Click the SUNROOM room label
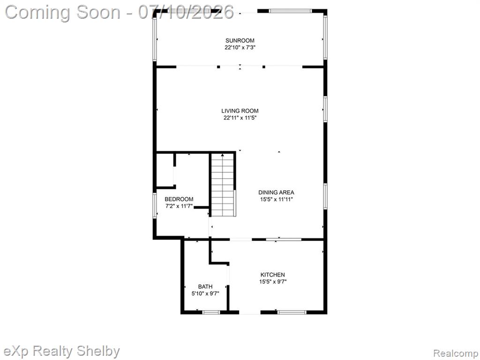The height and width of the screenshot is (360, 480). point(240,40)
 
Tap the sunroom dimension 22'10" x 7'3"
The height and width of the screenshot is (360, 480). point(240,47)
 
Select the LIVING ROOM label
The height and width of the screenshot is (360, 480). point(240,111)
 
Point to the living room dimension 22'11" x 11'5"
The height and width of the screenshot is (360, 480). point(240,118)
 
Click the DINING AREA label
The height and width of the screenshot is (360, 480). point(276,192)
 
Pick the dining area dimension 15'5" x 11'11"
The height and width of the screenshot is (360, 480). point(277,199)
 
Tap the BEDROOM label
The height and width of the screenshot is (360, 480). point(179,199)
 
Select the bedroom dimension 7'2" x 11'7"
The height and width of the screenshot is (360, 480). point(179,206)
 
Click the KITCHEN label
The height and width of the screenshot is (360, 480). point(272,275)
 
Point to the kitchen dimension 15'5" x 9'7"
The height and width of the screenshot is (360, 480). point(273,282)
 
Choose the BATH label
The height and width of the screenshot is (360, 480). point(205,286)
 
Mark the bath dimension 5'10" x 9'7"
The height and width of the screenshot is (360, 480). point(205,293)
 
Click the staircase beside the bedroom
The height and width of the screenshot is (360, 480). point(223,185)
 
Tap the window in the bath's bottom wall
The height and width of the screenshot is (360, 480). point(211,312)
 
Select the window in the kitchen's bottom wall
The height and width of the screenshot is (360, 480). point(292,312)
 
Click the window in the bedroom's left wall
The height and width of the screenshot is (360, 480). point(155,205)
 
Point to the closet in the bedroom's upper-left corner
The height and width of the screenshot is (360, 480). point(165,170)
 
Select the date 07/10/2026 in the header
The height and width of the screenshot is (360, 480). point(186,12)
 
